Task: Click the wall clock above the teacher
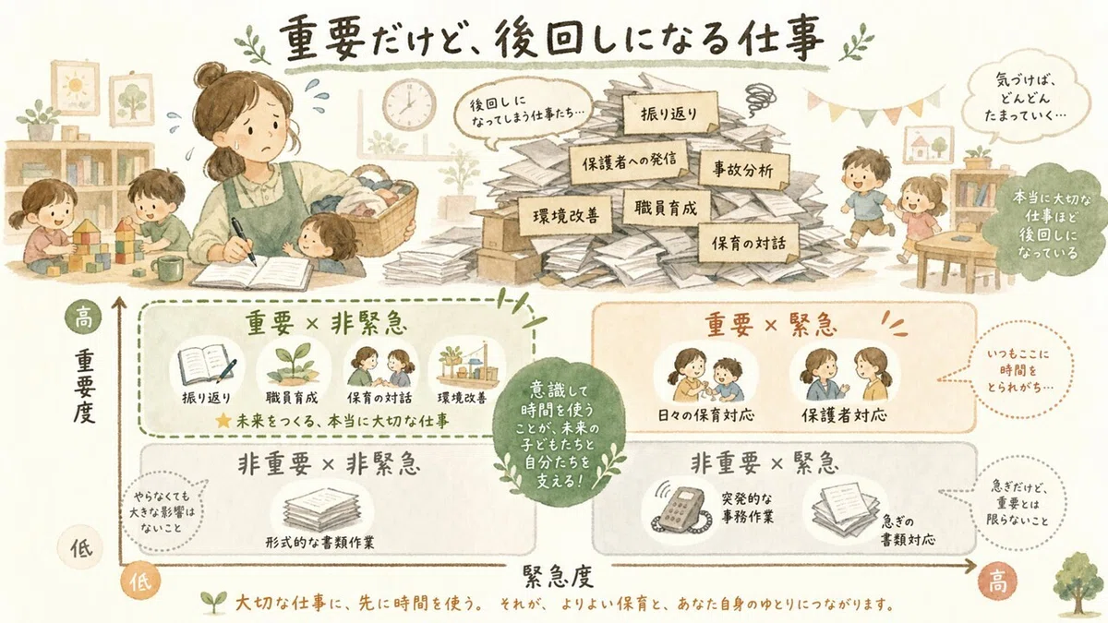pos(409,105)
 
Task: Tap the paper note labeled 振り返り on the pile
pos(669,114)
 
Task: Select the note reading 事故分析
pos(743,170)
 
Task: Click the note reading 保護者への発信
pos(629,162)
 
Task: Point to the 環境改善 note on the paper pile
pos(565,216)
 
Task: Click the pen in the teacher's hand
pos(244,241)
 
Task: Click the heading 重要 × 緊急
pos(771,325)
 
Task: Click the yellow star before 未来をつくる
pos(223,421)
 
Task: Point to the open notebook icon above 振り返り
pos(206,365)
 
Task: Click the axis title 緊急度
pos(558,576)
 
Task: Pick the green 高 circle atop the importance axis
pos(83,317)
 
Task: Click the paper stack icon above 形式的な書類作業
pos(321,509)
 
